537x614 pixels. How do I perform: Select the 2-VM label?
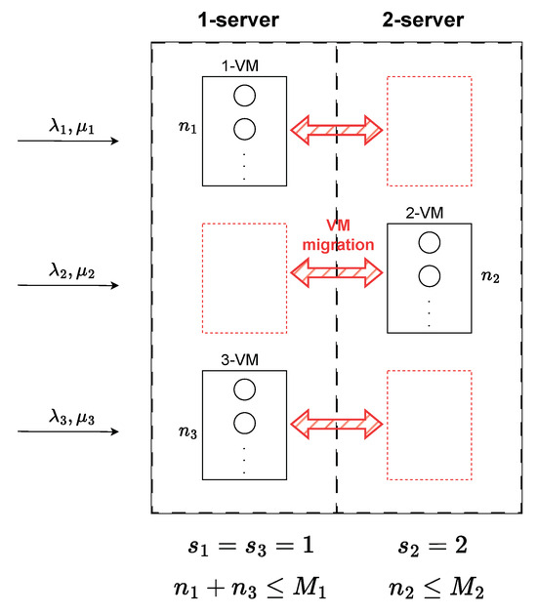tap(429, 212)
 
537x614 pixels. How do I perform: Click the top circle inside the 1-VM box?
tap(243, 98)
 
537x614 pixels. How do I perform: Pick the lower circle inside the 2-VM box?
tap(429, 275)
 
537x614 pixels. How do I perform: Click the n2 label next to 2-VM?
tap(490, 275)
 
